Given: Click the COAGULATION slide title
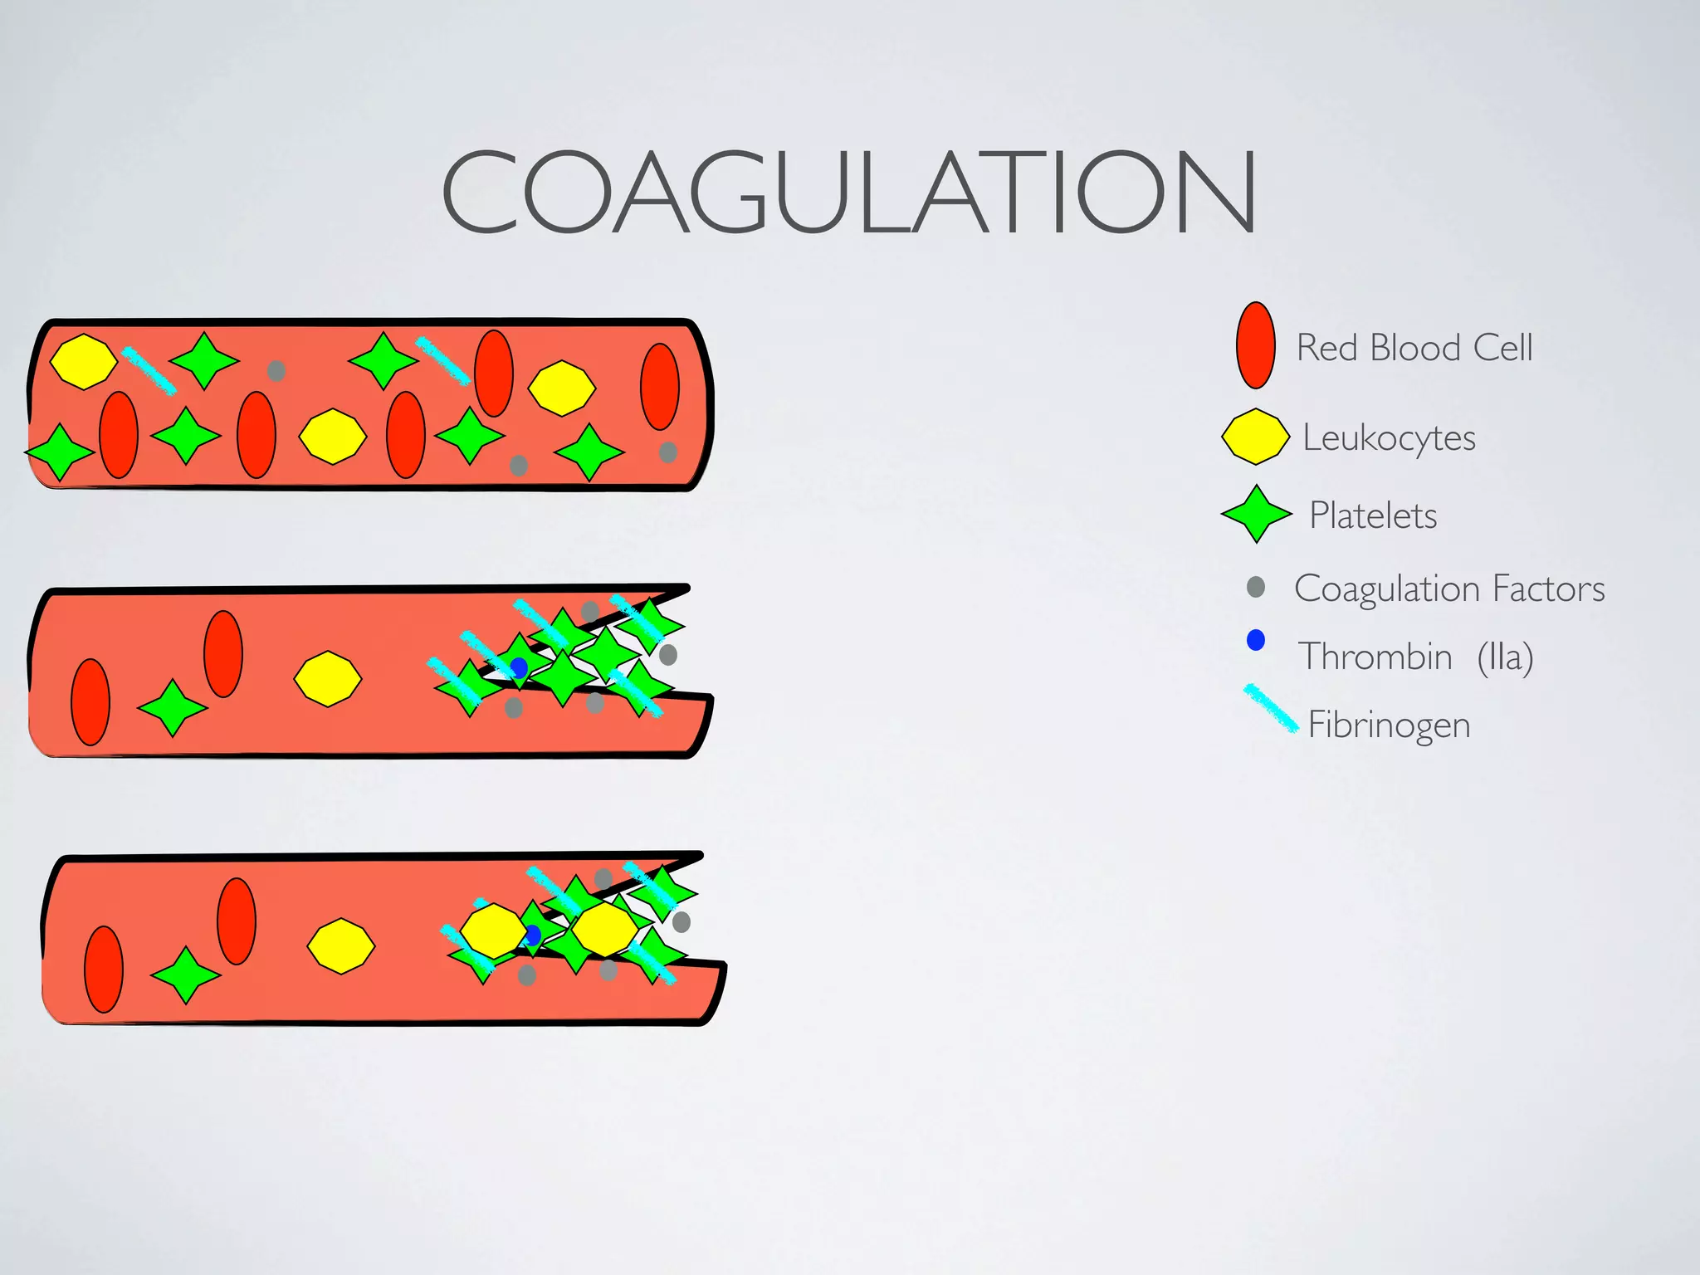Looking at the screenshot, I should pos(848,193).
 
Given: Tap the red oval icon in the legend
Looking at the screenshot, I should pos(1255,345).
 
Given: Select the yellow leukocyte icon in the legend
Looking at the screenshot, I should pos(1255,436).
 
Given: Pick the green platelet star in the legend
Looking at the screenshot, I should pos(1257,514).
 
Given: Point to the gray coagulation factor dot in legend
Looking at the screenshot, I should pos(1256,588).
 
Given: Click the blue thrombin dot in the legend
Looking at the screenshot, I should pos(1256,640).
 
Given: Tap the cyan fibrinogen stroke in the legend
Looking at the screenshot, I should pos(1270,708).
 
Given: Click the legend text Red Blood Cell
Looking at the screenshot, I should pos(1414,348).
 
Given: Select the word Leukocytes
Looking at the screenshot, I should pos(1389,437).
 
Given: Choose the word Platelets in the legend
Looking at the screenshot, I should pos(1373,515).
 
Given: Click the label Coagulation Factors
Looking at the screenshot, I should pos(1449,589).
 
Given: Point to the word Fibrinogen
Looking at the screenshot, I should pos(1389,725).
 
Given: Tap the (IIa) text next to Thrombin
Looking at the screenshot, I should pos(1505,657).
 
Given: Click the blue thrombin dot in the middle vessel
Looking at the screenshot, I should pos(519,667).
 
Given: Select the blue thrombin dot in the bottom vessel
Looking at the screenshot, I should pos(532,935).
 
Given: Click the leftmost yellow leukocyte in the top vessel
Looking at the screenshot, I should pos(84,361).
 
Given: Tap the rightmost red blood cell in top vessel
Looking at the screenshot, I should pos(660,387).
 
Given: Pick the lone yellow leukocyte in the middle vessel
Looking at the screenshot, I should pos(328,678).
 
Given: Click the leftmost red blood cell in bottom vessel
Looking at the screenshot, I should pos(104,969).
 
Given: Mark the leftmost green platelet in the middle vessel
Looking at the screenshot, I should pos(173,708).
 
